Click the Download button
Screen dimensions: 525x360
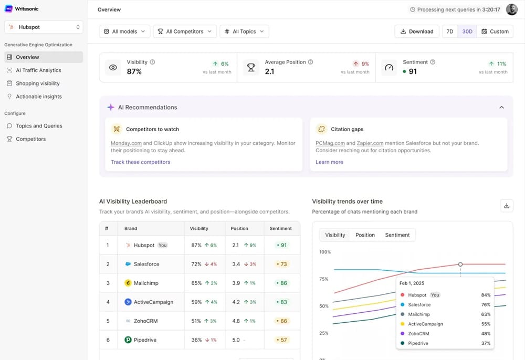[x=416, y=31]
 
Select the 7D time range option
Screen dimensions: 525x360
[x=450, y=31]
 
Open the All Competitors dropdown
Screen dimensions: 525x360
[x=185, y=31]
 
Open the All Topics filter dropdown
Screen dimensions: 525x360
[x=245, y=31]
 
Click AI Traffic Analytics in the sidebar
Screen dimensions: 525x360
[x=38, y=70]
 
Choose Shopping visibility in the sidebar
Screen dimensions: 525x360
[x=38, y=83]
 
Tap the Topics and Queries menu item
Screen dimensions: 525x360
[x=39, y=126]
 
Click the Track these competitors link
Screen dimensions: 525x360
[x=141, y=162]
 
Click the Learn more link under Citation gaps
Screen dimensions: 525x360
[x=329, y=162]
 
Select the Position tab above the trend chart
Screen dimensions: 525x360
[x=365, y=235]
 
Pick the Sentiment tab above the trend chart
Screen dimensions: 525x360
[x=397, y=235]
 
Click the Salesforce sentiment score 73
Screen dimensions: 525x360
[x=282, y=264]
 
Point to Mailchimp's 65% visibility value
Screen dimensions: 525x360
[x=196, y=283]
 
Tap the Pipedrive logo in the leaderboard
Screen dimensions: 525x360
[x=128, y=340]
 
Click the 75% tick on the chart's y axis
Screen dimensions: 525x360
[x=323, y=279]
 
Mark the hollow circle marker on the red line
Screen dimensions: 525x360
[x=460, y=264]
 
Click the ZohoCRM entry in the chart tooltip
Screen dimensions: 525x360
[x=418, y=334]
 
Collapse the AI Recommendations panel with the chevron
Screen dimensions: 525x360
[x=501, y=108]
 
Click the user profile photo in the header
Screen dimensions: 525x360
[x=511, y=9]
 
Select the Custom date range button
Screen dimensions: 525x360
[x=495, y=31]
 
